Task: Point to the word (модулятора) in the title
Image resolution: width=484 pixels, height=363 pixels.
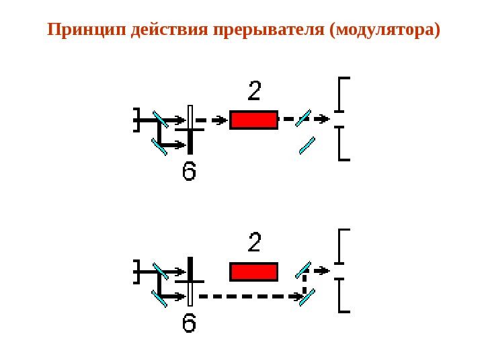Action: click(x=385, y=30)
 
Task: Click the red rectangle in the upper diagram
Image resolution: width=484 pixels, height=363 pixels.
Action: click(x=253, y=120)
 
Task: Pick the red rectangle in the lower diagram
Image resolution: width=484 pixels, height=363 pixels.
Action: click(x=253, y=272)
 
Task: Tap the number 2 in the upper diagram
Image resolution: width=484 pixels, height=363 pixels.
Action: click(x=255, y=91)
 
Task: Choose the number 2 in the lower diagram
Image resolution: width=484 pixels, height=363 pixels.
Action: click(x=255, y=243)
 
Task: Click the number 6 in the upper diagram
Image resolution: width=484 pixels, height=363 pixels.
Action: click(x=190, y=171)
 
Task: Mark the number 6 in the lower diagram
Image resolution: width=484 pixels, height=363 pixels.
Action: click(x=190, y=323)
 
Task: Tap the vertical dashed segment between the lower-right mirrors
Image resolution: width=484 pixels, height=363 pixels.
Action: click(x=305, y=283)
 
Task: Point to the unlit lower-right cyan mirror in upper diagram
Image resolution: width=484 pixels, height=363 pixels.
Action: click(x=307, y=145)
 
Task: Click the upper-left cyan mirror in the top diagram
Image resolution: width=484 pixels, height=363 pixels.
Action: click(x=161, y=119)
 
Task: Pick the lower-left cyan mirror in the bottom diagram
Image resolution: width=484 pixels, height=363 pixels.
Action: click(x=159, y=298)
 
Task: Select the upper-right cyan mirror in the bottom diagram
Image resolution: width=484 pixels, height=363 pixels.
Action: click(x=303, y=270)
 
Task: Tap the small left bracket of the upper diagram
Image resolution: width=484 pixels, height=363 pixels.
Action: click(x=136, y=120)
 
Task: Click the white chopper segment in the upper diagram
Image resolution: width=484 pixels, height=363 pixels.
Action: click(x=190, y=117)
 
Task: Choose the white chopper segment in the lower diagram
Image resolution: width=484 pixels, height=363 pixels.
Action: click(x=190, y=294)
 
